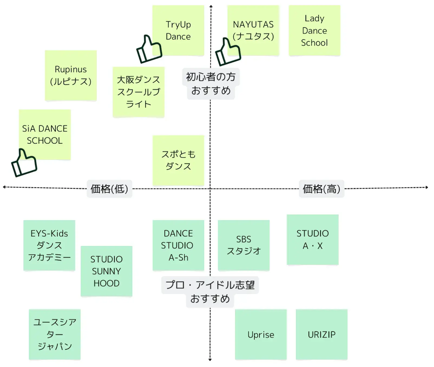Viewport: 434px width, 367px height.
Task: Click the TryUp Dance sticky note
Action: click(178, 30)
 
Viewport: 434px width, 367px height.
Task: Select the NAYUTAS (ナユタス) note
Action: click(253, 30)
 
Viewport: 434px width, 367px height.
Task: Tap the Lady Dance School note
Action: click(314, 30)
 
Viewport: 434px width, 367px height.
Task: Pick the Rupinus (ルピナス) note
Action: click(71, 75)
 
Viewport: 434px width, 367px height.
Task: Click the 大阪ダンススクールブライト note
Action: click(139, 92)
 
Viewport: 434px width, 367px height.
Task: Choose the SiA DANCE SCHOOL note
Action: click(45, 134)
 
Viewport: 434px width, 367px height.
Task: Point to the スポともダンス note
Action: click(178, 160)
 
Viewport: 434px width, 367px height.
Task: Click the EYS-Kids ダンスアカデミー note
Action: click(49, 245)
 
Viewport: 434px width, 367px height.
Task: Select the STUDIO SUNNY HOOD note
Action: click(106, 271)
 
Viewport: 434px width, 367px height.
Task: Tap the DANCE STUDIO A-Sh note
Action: click(178, 245)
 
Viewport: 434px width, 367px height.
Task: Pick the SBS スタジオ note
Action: click(244, 245)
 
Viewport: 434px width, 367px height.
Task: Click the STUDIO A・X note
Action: click(313, 239)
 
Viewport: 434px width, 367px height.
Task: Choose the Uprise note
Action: click(261, 335)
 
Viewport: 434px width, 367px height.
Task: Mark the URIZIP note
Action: click(321, 335)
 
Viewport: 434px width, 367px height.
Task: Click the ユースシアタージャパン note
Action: click(55, 335)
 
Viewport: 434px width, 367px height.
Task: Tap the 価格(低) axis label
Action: click(109, 189)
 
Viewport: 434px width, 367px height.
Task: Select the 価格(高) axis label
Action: click(321, 189)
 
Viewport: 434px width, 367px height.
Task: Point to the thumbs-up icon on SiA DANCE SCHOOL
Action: click(24, 163)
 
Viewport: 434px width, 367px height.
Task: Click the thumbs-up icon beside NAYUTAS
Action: click(228, 52)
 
